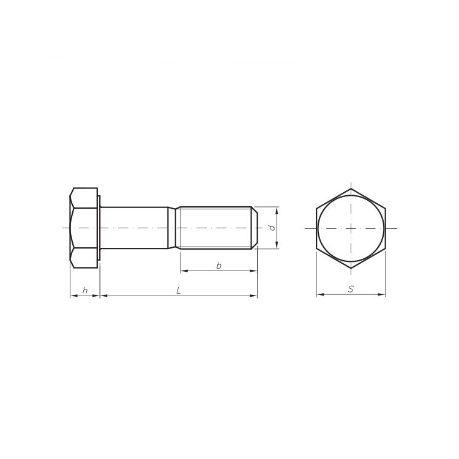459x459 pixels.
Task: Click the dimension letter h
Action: [x=85, y=290]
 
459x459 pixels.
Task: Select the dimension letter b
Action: [x=218, y=265]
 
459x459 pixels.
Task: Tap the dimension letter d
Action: [x=271, y=228]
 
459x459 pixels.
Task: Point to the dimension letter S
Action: [x=351, y=289]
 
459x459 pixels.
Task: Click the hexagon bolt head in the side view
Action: [x=83, y=228]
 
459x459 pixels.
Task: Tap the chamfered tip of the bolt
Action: [x=255, y=228]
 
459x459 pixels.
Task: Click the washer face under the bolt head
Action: [x=99, y=228]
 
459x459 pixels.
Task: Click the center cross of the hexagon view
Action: [x=351, y=228]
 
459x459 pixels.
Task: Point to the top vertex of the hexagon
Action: [x=351, y=188]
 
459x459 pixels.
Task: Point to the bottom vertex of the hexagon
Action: [x=351, y=268]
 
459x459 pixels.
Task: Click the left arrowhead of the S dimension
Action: [x=319, y=295]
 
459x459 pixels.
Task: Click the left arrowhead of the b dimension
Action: [x=182, y=271]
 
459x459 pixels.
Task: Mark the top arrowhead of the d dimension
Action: [x=277, y=210]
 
